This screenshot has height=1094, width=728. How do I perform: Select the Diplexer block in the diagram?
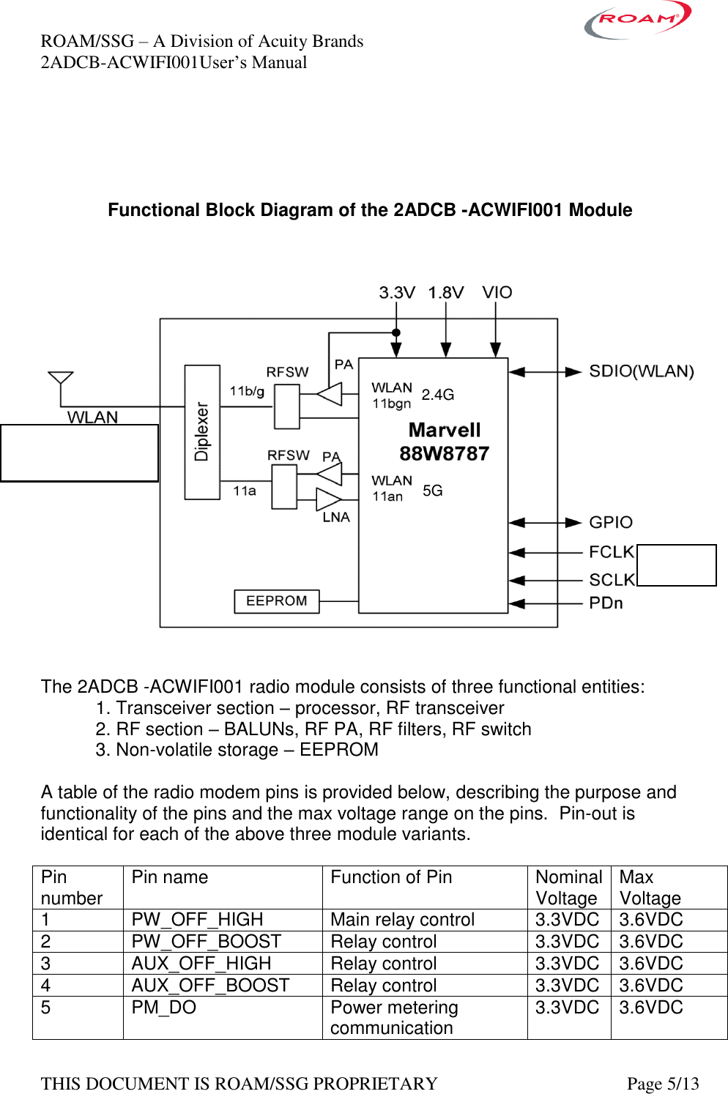pyautogui.click(x=202, y=432)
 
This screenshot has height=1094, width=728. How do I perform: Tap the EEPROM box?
pyautogui.click(x=277, y=601)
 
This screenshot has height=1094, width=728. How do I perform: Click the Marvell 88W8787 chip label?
pyautogui.click(x=444, y=442)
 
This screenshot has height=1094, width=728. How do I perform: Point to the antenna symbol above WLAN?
pyautogui.click(x=60, y=379)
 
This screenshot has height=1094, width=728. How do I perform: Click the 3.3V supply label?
pyautogui.click(x=396, y=293)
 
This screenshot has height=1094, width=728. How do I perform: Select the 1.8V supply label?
pyautogui.click(x=445, y=293)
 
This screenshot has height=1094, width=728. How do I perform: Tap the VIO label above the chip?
pyautogui.click(x=497, y=293)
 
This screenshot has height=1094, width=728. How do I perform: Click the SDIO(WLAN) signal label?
pyautogui.click(x=641, y=371)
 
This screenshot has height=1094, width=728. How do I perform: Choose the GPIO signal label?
pyautogui.click(x=610, y=523)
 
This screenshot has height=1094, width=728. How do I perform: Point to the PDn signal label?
pyautogui.click(x=606, y=603)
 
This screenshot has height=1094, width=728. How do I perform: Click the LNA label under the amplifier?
pyautogui.click(x=336, y=518)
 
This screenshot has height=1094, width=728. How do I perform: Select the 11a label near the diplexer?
pyautogui.click(x=245, y=491)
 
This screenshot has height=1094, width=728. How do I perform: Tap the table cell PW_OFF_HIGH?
pyautogui.click(x=197, y=920)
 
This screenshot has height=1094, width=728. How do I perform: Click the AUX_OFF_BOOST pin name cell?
pyautogui.click(x=210, y=986)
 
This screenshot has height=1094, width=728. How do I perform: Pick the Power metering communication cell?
pyautogui.click(x=394, y=1018)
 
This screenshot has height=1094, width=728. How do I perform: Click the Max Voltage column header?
pyautogui.click(x=650, y=888)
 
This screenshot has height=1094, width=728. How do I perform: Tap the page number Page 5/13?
pyautogui.click(x=662, y=1084)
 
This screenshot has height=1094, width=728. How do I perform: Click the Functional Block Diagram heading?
pyautogui.click(x=370, y=210)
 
